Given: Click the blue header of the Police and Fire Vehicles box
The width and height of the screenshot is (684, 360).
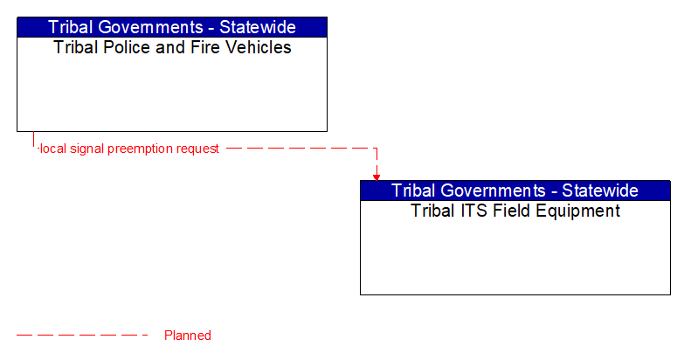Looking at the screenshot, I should coord(172,27).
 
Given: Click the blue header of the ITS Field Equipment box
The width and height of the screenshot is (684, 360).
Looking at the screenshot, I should coord(515,190).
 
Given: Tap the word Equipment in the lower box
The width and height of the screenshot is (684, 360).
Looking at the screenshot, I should coord(578,211).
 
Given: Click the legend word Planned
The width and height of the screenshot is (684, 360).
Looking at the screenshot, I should coord(188,336).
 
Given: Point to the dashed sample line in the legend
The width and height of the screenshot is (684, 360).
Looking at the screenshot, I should coord(83,336).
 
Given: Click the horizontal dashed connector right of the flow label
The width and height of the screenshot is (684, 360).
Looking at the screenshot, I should coord(297,149).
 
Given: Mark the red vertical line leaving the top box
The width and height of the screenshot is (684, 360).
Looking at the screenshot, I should coord(33,140).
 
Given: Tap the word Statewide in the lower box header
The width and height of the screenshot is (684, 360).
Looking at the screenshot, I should coord(601,190).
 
